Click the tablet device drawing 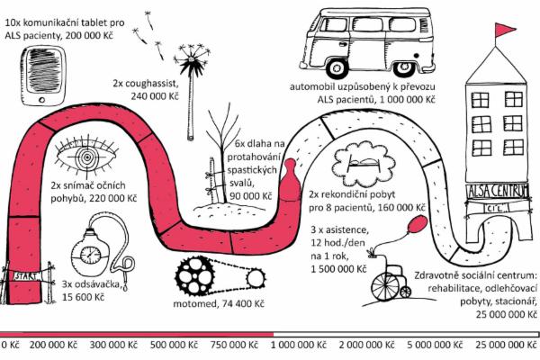[44, 67]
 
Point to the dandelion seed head [192, 65]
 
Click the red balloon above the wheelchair [416, 223]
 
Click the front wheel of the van [326, 65]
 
